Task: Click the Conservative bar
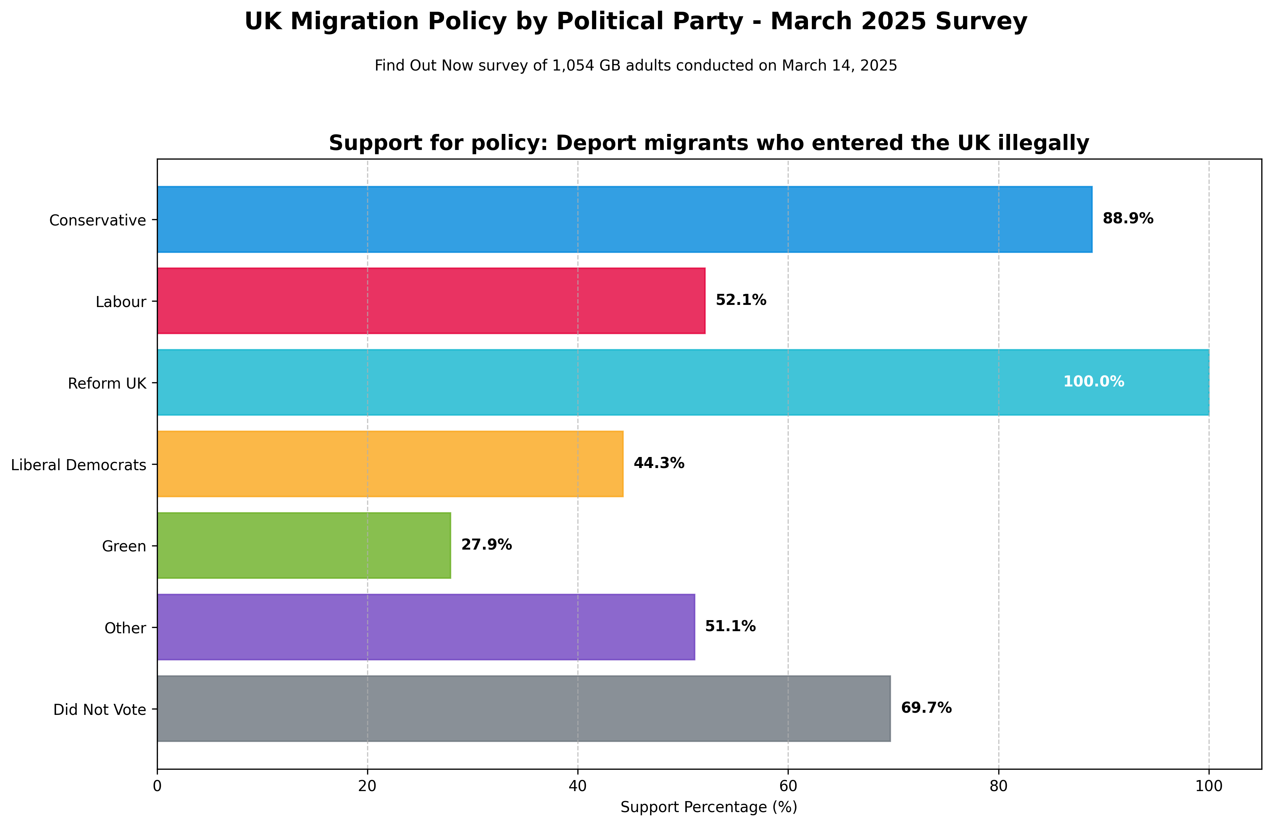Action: click(x=624, y=219)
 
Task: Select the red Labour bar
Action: click(x=431, y=301)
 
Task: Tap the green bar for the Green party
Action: click(x=304, y=546)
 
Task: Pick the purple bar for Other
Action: click(x=426, y=627)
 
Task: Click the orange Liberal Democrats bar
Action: click(x=390, y=464)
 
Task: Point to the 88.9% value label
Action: click(x=1128, y=219)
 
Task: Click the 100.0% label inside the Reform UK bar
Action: click(x=1093, y=382)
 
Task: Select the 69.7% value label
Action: click(x=926, y=708)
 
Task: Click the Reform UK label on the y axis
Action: click(x=107, y=384)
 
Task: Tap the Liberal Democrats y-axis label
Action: click(x=78, y=465)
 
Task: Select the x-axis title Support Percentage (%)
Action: click(x=709, y=807)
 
